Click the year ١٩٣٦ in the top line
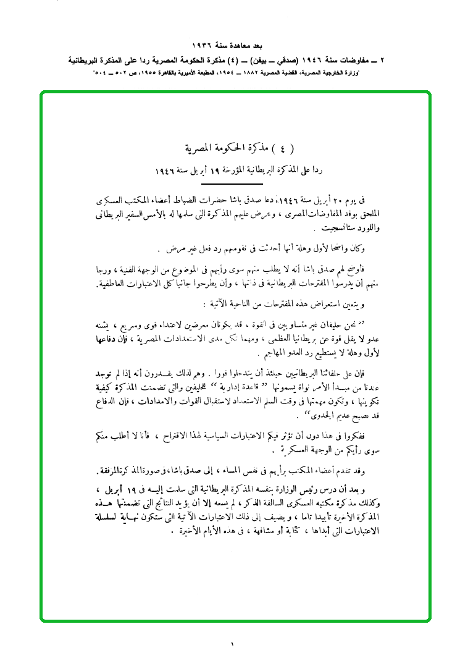tap(203, 46)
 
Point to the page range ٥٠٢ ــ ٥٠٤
tap(114, 73)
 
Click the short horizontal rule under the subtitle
tap(232, 184)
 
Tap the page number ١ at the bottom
tap(233, 644)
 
